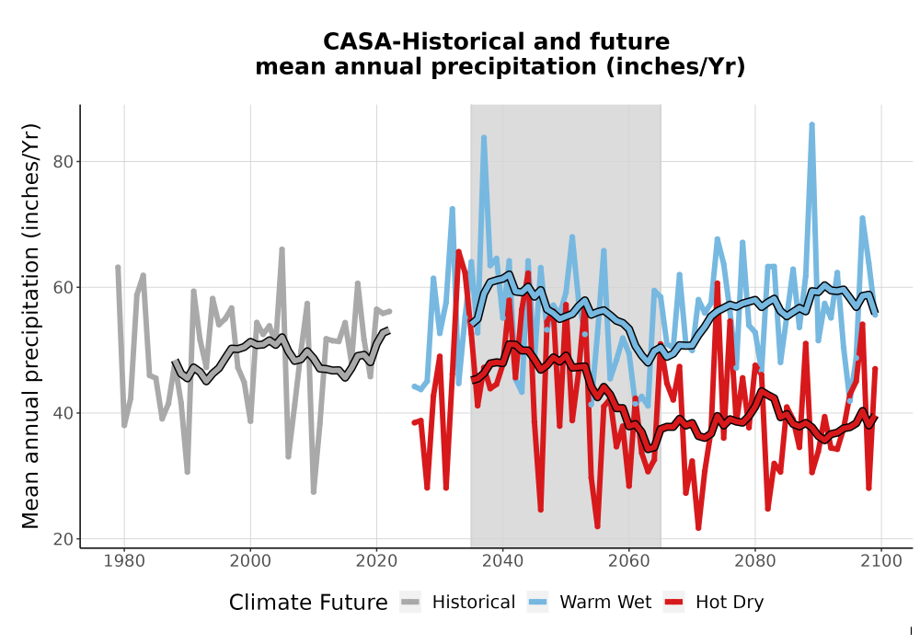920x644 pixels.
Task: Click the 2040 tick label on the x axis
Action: (502, 561)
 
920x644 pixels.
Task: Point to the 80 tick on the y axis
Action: (63, 162)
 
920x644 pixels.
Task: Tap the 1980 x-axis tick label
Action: (124, 561)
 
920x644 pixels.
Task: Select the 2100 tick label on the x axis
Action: (880, 561)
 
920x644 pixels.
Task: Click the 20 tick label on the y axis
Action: (63, 540)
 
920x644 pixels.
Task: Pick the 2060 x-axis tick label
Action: (628, 561)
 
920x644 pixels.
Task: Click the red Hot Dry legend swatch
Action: (674, 603)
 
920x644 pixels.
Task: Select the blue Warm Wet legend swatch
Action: (537, 603)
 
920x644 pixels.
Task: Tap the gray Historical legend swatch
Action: (410, 603)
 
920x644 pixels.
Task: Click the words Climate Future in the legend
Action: (308, 603)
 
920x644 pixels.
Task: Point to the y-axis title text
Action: (30, 326)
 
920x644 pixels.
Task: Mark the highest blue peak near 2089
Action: (812, 124)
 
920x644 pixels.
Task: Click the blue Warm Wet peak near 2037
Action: (484, 137)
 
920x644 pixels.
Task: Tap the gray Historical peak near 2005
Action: (282, 249)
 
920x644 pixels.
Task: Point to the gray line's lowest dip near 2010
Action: (314, 491)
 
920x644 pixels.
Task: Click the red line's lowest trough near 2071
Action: (698, 528)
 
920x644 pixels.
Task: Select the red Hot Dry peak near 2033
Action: (458, 251)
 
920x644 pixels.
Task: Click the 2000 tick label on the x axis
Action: (250, 561)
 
